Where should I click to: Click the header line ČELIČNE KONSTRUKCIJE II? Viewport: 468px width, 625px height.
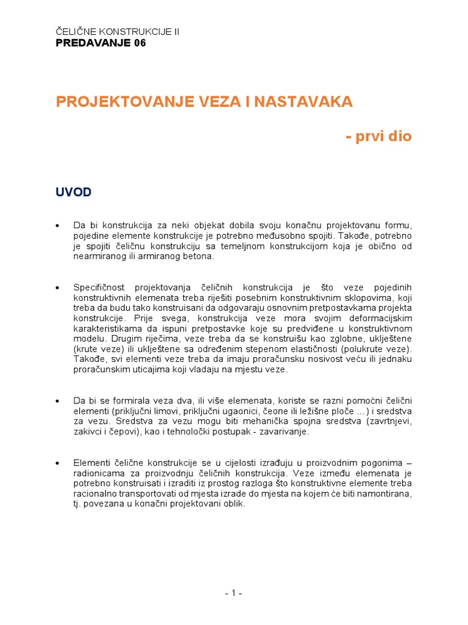click(x=118, y=32)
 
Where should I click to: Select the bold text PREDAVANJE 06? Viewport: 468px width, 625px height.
click(x=101, y=43)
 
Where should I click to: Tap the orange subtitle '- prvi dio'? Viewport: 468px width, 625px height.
click(x=378, y=137)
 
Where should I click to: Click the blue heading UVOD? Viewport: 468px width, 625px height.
click(x=74, y=192)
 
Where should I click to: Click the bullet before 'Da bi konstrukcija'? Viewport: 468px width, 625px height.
click(x=58, y=226)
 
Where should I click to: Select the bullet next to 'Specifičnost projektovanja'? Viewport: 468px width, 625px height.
click(x=58, y=287)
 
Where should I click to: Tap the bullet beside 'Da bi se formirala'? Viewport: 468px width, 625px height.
click(x=58, y=401)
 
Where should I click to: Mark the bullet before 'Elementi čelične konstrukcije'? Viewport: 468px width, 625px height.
click(x=58, y=463)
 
